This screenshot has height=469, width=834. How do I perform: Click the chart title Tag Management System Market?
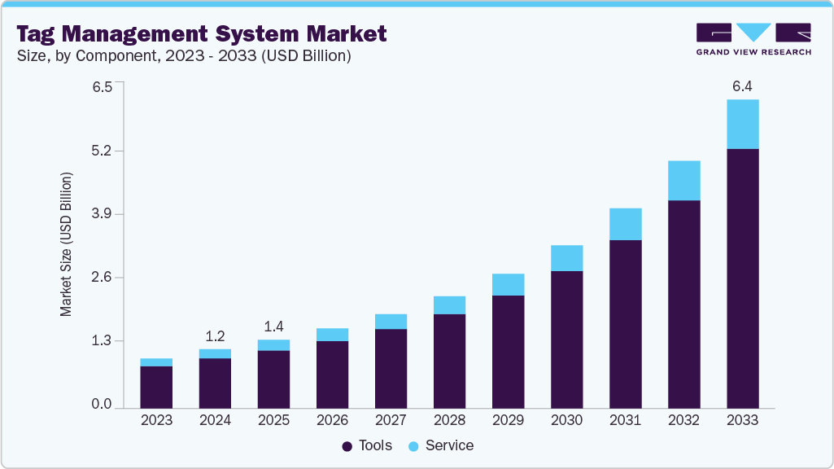tap(201, 33)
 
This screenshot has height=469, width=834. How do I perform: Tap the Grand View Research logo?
tap(753, 39)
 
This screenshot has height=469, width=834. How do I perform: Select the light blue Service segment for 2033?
tap(742, 124)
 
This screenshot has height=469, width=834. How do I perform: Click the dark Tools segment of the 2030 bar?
tap(566, 339)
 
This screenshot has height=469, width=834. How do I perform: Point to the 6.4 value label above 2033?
tap(742, 85)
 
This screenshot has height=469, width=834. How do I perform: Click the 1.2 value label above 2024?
tap(215, 335)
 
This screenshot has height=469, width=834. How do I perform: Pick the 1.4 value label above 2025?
tap(273, 327)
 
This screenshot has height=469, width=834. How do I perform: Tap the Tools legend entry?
tap(367, 445)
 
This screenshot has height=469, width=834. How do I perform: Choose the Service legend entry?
tap(440, 445)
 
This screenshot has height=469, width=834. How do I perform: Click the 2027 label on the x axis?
tap(391, 421)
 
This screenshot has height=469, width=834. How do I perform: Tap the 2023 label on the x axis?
tap(156, 421)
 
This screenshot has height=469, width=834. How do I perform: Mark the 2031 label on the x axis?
tap(625, 421)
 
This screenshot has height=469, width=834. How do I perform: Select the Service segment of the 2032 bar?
tap(683, 180)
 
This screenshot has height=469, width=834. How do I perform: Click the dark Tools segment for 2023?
tap(156, 387)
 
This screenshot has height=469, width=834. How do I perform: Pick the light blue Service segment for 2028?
tap(449, 305)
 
